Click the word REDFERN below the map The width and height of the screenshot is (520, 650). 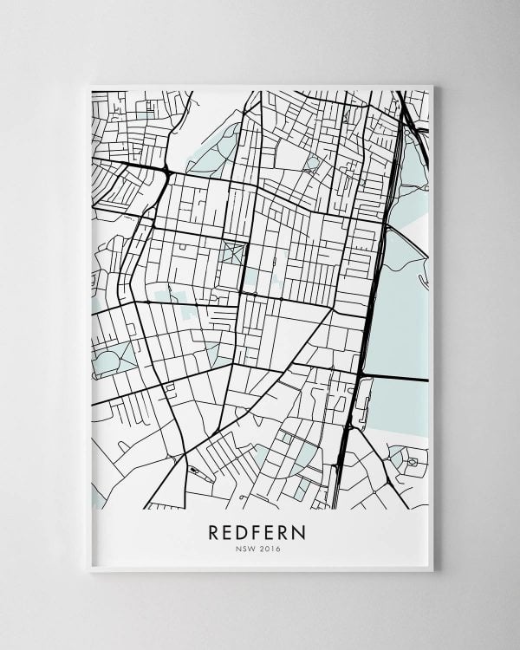257,531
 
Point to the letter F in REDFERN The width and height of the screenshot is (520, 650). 258,531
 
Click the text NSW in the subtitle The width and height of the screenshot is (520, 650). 244,548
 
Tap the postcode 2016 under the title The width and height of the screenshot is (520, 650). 270,548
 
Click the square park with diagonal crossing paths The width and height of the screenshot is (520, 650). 232,254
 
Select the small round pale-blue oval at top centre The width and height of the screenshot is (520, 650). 313,163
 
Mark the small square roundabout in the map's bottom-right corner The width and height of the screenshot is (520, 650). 413,462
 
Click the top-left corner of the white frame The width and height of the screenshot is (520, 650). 89,85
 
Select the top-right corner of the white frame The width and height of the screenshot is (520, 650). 432,85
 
